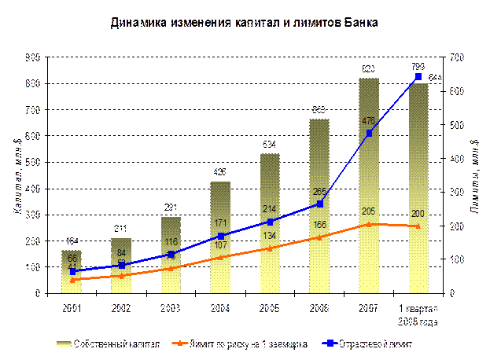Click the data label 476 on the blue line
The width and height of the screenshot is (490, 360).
pyautogui.click(x=368, y=121)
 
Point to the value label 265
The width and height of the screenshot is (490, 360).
pyautogui.click(x=319, y=191)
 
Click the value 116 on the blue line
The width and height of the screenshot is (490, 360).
pyautogui.click(x=171, y=241)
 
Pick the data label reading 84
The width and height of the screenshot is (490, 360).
pyautogui.click(x=122, y=253)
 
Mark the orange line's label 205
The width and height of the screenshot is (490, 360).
pyautogui.click(x=368, y=211)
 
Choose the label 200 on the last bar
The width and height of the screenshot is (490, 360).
pyautogui.click(x=418, y=214)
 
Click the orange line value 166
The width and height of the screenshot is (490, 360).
pyautogui.click(x=319, y=226)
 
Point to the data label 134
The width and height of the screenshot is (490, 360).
pyautogui.click(x=270, y=236)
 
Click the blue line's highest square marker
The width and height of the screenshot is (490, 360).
pyautogui.click(x=418, y=77)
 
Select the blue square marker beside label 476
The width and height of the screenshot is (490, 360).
pyautogui.click(x=369, y=133)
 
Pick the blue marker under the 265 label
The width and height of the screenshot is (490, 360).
pyautogui.click(x=319, y=204)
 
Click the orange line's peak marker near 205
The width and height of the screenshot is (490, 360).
pyautogui.click(x=369, y=224)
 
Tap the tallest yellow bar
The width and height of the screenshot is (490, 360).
pyautogui.click(x=369, y=189)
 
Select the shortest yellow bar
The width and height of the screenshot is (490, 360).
pyautogui.click(x=72, y=271)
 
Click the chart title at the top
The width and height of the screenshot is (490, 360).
pyautogui.click(x=245, y=23)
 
